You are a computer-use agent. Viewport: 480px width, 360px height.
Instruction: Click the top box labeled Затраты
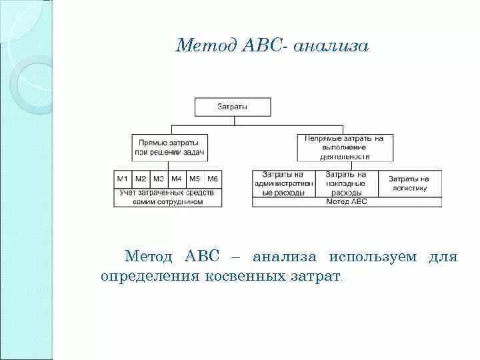233,107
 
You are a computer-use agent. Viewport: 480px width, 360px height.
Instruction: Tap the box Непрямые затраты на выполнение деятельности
345,147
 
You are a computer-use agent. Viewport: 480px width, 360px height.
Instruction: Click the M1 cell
123,179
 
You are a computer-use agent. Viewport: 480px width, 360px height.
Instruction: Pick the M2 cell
141,179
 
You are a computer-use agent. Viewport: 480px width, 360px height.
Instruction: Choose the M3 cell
159,179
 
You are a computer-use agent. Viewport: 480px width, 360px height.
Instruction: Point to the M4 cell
177,179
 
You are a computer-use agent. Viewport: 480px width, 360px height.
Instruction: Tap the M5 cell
195,179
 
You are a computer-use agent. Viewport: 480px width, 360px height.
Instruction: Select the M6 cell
212,179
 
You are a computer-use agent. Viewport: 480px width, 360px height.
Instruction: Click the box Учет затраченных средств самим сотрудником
167,197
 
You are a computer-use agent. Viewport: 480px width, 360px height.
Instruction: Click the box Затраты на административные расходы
284,183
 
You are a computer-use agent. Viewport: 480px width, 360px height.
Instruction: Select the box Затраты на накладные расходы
347,183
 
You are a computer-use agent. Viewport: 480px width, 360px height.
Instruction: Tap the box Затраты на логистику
409,183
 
